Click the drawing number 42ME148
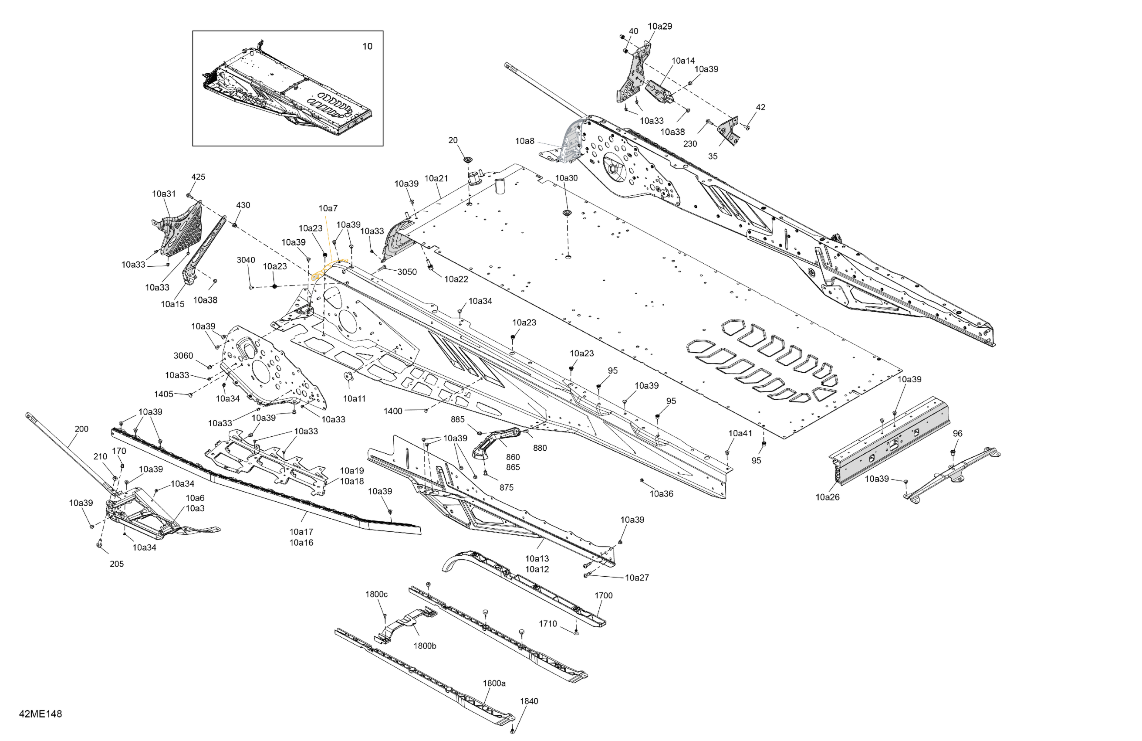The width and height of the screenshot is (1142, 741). (x=41, y=714)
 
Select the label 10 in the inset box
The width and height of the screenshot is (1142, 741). (x=367, y=47)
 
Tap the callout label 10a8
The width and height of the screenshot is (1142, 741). (x=524, y=141)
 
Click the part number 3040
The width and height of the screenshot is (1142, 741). (x=246, y=260)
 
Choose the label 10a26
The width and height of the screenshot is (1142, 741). (x=828, y=497)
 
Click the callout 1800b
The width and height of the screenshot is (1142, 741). (x=425, y=646)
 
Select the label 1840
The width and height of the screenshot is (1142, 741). (x=529, y=701)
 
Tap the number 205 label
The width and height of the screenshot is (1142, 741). (x=117, y=564)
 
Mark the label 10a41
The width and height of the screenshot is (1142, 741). (x=740, y=434)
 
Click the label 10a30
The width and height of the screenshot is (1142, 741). (x=566, y=178)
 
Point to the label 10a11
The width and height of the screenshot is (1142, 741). (x=354, y=398)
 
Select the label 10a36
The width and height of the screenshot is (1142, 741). (x=661, y=494)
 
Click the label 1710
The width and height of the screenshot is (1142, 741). (x=547, y=624)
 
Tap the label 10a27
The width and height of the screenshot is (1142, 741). (x=637, y=578)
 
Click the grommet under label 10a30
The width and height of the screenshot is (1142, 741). (x=567, y=212)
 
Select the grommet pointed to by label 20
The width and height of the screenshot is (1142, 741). (x=467, y=159)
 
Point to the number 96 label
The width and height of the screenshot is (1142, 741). (x=957, y=434)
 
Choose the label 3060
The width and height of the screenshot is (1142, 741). (x=183, y=356)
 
